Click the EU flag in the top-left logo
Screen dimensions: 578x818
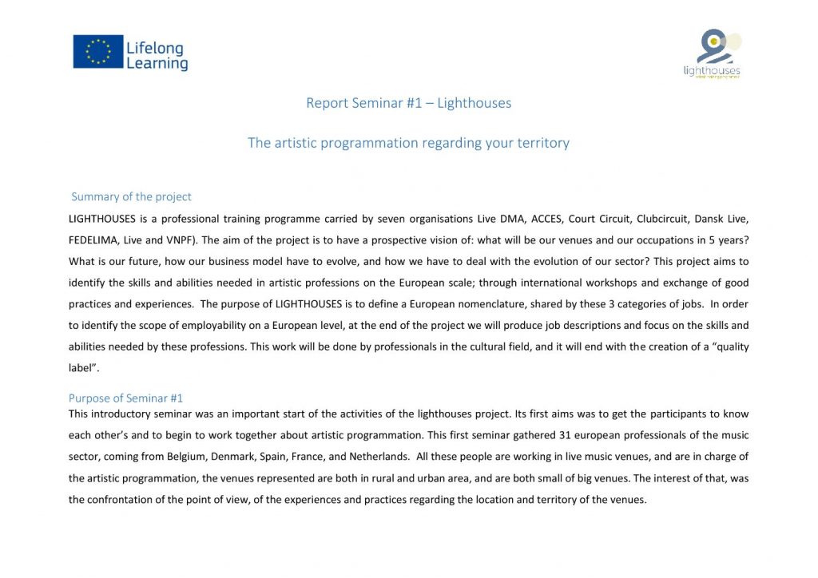[x=98, y=51]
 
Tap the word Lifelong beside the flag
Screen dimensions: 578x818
[x=154, y=49]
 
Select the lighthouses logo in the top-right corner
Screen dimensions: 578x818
[x=712, y=54]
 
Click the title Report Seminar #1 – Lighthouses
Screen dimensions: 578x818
[x=408, y=103]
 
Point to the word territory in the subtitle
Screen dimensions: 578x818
[x=540, y=143]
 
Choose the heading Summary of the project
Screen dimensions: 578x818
[x=131, y=196]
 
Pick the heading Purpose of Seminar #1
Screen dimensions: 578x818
[x=125, y=398]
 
